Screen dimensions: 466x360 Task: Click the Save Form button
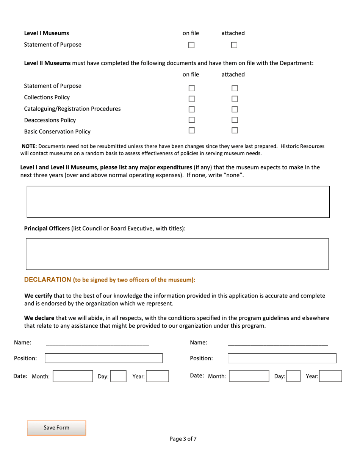[56, 428]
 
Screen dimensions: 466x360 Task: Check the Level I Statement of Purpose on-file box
[191, 45]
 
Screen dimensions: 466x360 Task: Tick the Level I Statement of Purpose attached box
[234, 45]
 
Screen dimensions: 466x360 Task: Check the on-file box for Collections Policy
[191, 99]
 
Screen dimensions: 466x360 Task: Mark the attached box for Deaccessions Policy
[234, 120]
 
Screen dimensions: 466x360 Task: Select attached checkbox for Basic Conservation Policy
[234, 131]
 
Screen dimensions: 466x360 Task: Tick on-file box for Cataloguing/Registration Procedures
[191, 110]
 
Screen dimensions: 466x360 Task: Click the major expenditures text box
[178, 202]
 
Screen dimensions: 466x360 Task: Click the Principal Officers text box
[177, 254]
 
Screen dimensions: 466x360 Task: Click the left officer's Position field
[103, 358]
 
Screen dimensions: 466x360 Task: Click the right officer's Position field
[282, 358]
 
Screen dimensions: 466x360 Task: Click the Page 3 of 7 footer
[183, 439]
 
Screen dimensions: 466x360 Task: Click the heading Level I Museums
[46, 33]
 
